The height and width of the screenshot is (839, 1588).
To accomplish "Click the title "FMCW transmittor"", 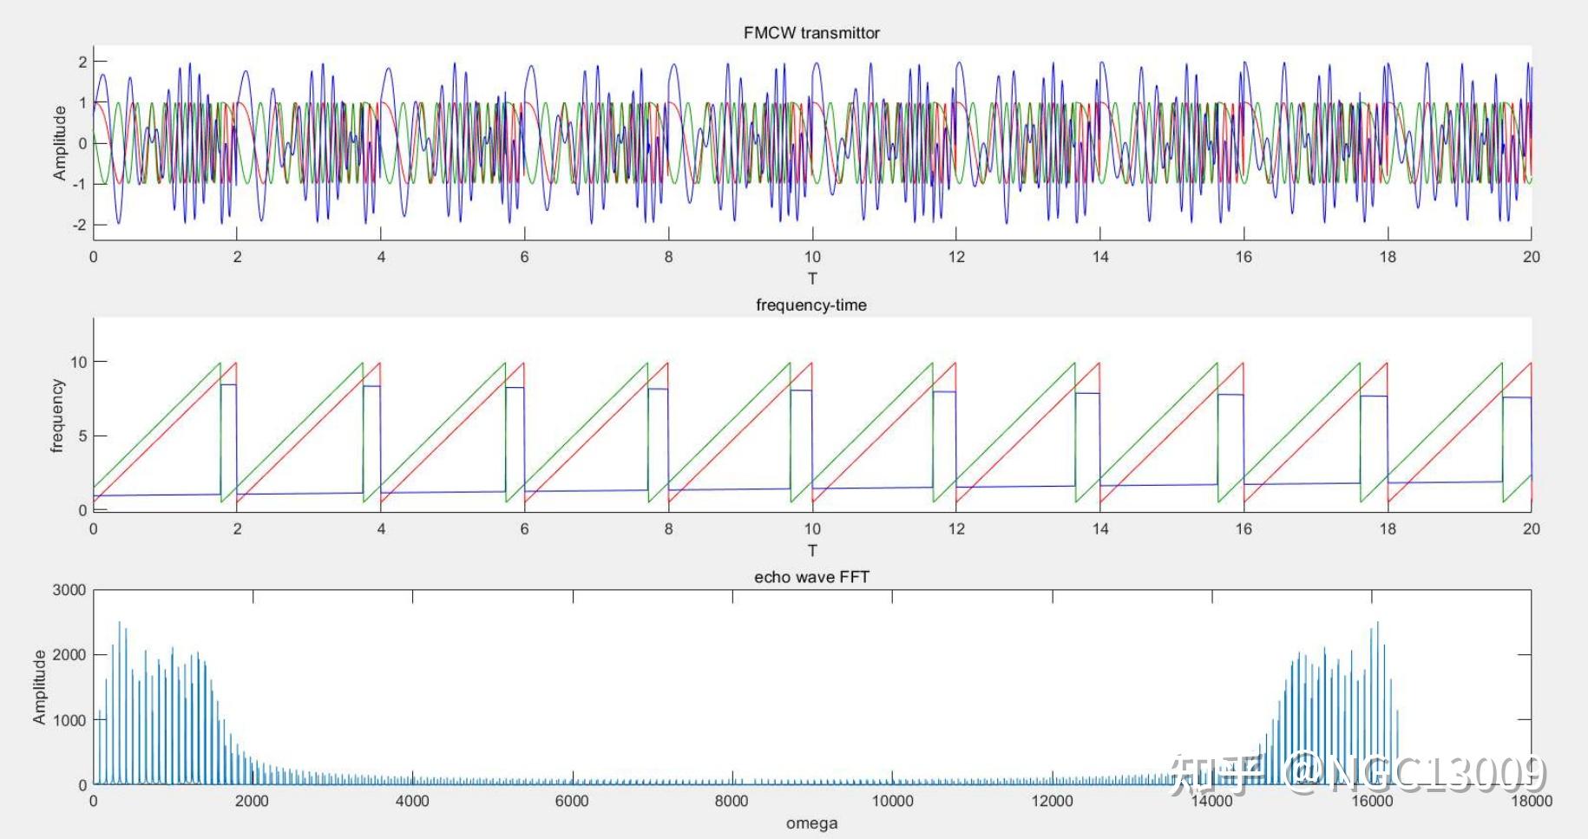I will coord(811,33).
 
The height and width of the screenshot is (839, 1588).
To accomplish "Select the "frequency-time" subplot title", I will coord(811,305).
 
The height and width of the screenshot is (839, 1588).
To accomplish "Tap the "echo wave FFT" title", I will coord(811,578).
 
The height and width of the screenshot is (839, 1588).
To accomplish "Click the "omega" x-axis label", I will coord(811,823).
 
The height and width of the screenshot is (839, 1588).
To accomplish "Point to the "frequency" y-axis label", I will coord(57,416).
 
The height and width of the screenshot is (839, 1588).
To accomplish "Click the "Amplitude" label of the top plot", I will coord(59,143).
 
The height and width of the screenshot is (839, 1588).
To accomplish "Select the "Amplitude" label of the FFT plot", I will coord(39,687).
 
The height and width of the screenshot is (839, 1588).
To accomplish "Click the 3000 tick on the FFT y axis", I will coord(69,590).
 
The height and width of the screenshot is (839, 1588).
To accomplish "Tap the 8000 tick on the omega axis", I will coord(732,801).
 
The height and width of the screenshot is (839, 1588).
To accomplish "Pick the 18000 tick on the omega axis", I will coord(1531,801).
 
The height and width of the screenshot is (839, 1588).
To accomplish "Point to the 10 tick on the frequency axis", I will coord(79,362).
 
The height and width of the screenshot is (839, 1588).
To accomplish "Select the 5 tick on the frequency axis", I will coord(82,436).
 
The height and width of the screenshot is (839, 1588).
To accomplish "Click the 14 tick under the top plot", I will coord(1100,257).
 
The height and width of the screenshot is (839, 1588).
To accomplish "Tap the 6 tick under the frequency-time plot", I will coord(524,529).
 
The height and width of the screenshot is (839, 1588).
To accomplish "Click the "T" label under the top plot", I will coord(812,279).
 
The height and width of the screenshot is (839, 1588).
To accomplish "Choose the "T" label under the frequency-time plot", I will coord(812,551).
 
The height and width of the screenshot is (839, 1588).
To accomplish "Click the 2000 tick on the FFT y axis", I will coord(69,655).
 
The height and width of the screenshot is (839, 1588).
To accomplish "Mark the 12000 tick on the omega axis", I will coord(1052,801).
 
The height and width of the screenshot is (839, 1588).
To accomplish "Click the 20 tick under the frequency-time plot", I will coord(1531,529).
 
